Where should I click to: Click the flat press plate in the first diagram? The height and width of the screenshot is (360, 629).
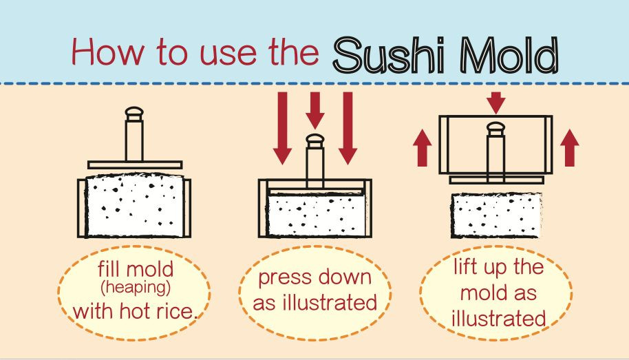click(134, 165)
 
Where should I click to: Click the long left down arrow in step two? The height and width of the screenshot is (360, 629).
click(281, 127)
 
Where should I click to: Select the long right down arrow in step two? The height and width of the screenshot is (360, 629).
click(347, 127)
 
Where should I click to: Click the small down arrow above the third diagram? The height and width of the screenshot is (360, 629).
click(495, 103)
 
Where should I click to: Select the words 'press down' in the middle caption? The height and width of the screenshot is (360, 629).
click(314, 278)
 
